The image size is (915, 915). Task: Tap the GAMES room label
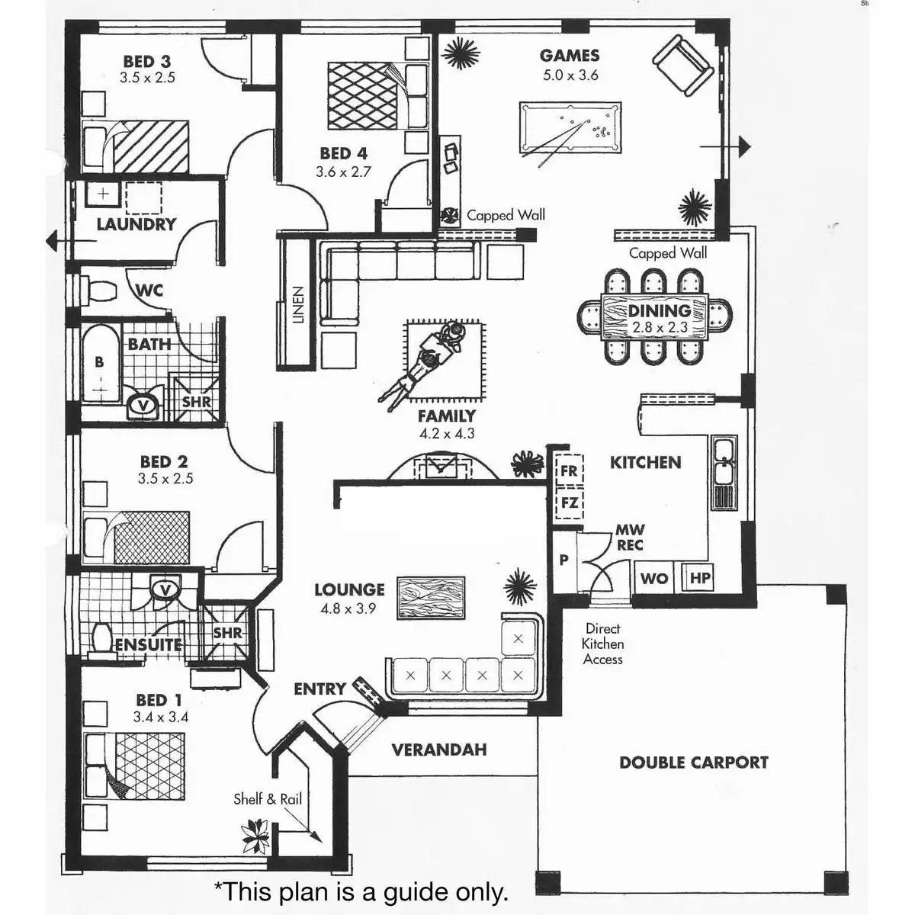click(570, 56)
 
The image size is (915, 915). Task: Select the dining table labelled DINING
click(656, 317)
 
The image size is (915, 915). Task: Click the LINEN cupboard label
click(298, 305)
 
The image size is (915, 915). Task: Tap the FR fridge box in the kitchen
click(569, 470)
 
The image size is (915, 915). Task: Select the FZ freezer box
click(569, 503)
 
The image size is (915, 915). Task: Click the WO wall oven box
click(654, 578)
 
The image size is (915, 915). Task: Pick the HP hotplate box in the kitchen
click(699, 578)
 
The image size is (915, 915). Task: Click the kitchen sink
click(723, 461)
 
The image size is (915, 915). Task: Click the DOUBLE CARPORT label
click(693, 762)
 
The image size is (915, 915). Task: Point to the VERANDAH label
click(438, 750)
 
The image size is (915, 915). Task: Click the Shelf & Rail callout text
click(267, 799)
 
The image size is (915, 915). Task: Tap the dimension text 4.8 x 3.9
click(348, 608)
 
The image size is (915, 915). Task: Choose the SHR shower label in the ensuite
click(227, 633)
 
